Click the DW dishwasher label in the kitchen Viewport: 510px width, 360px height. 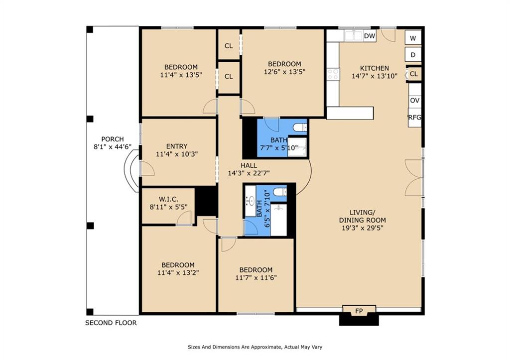pyautogui.click(x=369, y=36)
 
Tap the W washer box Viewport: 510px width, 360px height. pyautogui.click(x=413, y=38)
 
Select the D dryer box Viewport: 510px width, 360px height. pyautogui.click(x=413, y=55)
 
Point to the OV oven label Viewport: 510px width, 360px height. pyautogui.click(x=415, y=100)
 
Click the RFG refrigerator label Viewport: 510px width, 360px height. pyautogui.click(x=415, y=118)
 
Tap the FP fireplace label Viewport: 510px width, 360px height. pyautogui.click(x=359, y=311)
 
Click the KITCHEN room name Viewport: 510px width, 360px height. pyautogui.click(x=375, y=68)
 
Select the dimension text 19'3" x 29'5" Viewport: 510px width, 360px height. pyautogui.click(x=362, y=228)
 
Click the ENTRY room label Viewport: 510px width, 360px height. pyautogui.click(x=177, y=146)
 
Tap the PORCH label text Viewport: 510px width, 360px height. pyautogui.click(x=113, y=139)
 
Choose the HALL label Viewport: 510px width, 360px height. pyautogui.click(x=249, y=165)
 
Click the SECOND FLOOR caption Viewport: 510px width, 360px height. pyautogui.click(x=111, y=323)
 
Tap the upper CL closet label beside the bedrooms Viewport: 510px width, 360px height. pyautogui.click(x=229, y=46)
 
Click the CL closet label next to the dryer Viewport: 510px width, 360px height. pyautogui.click(x=414, y=74)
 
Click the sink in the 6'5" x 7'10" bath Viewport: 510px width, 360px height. pyautogui.click(x=252, y=201)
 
